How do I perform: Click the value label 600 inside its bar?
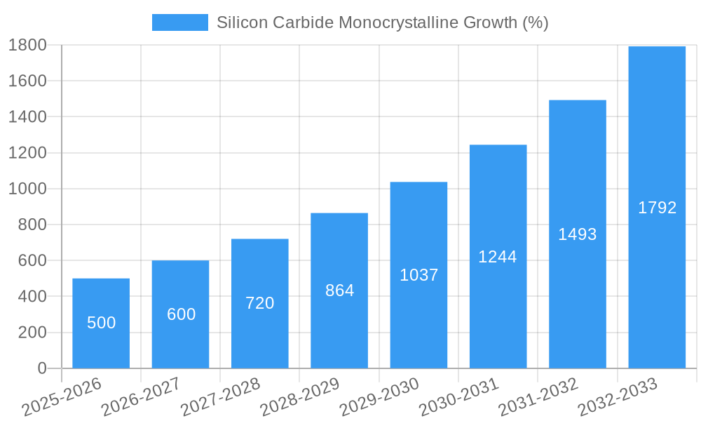(181, 314)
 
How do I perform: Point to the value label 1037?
(418, 275)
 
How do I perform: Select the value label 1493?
(577, 234)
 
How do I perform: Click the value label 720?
(259, 303)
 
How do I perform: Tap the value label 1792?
(657, 208)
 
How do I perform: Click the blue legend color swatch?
(180, 22)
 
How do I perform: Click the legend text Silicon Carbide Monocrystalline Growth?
(382, 22)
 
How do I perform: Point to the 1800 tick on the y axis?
(27, 45)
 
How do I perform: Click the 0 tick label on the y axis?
(41, 368)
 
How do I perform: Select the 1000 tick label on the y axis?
(27, 189)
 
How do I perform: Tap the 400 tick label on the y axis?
(32, 297)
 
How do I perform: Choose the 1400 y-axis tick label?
(27, 116)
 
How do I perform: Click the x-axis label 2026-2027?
(141, 396)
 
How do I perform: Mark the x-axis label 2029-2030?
(379, 396)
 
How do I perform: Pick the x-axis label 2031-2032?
(538, 396)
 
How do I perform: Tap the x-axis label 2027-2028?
(220, 396)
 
